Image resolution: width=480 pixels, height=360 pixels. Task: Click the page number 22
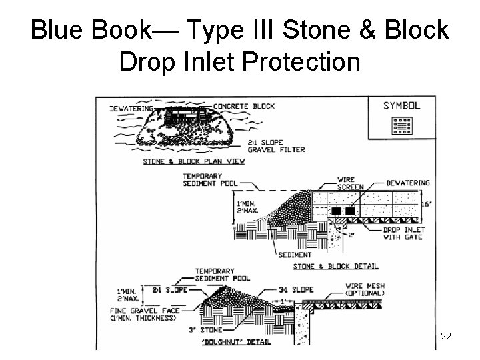(x=446, y=337)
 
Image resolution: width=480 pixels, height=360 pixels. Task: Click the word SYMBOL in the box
(x=401, y=105)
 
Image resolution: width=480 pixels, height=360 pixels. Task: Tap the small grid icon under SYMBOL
(x=401, y=125)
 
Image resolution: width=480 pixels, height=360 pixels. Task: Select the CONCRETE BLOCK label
(x=244, y=106)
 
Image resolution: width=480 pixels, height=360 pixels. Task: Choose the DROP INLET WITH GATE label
(x=403, y=233)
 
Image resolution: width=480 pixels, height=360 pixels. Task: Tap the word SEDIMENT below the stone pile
(x=296, y=255)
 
